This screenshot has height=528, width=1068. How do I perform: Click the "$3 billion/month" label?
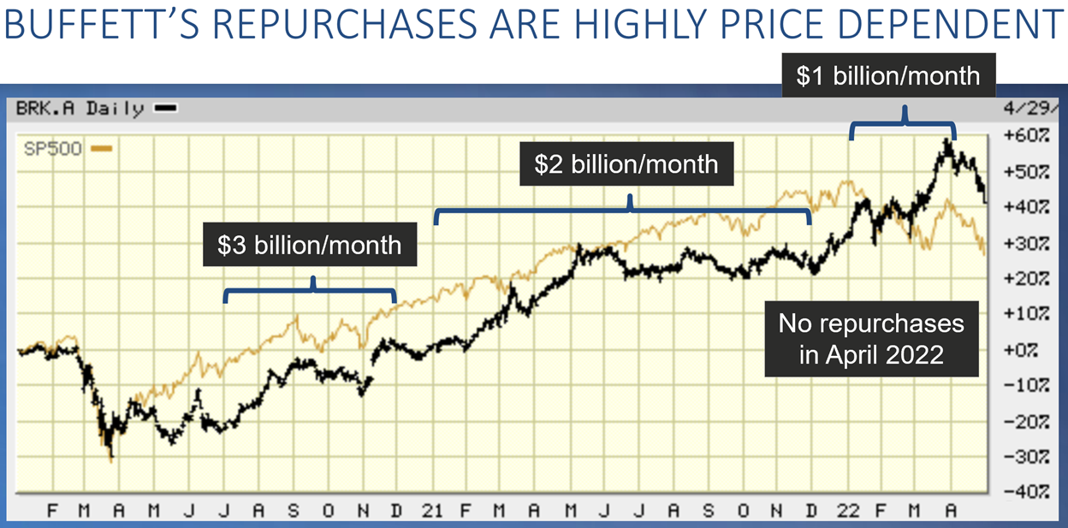tap(309, 246)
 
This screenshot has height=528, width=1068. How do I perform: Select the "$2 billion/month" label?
tap(626, 163)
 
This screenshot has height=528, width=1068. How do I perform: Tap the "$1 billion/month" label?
tap(887, 75)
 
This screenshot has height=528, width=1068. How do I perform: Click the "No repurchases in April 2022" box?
tap(871, 339)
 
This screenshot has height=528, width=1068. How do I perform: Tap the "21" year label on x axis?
tap(432, 511)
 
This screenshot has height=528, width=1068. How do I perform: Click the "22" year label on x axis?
tap(847, 511)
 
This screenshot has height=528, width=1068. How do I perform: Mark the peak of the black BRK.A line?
tap(947, 139)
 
